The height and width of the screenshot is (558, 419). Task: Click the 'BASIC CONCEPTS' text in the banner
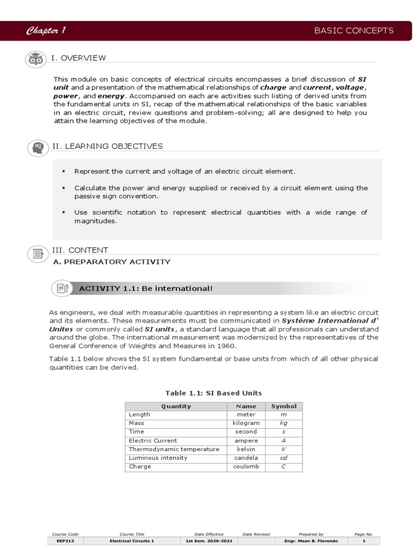(x=354, y=31)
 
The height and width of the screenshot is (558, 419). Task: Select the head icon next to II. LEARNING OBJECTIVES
(x=38, y=147)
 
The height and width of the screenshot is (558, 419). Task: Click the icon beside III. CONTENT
(x=38, y=253)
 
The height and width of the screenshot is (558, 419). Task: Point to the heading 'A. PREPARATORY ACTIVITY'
(x=111, y=262)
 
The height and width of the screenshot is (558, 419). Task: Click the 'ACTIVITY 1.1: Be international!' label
(x=146, y=288)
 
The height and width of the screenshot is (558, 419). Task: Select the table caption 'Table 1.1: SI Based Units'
(x=213, y=393)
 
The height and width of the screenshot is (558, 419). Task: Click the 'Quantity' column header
(x=176, y=406)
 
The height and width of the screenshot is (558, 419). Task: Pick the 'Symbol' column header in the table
(x=284, y=406)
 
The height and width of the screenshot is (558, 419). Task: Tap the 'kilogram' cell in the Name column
(x=246, y=423)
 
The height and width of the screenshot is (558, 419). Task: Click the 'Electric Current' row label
(x=153, y=440)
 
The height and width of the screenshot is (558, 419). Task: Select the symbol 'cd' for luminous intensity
(x=284, y=458)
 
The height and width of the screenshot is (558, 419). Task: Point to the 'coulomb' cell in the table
(x=246, y=466)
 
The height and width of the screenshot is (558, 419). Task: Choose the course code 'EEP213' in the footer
(x=65, y=541)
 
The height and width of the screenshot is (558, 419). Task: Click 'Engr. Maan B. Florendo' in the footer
(x=310, y=541)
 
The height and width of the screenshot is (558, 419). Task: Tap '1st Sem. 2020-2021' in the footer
(x=209, y=541)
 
